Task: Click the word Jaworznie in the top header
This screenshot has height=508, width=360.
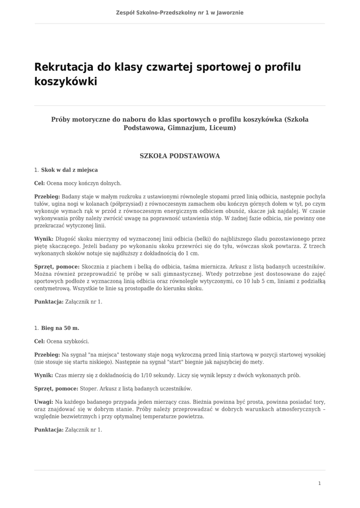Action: pos(227,12)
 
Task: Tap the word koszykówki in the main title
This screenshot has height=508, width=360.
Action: pos(66,81)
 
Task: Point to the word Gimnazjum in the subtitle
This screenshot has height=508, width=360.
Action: pos(186,128)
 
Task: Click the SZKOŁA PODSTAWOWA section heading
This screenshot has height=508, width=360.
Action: pos(180,156)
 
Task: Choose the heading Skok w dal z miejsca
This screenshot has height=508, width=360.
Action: pos(70,170)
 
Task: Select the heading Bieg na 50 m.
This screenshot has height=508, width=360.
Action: pos(60,328)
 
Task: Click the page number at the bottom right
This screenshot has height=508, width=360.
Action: pos(319,483)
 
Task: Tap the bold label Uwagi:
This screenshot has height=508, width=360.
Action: pos(44,401)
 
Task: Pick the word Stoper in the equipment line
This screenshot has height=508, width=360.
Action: pos(88,388)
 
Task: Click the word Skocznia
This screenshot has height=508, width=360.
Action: pos(93,266)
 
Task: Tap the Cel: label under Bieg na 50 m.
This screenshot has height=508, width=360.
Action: pos(39,341)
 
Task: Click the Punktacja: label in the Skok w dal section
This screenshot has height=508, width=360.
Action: pos(49,302)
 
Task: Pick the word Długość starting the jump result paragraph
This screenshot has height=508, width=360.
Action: pos(65,239)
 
